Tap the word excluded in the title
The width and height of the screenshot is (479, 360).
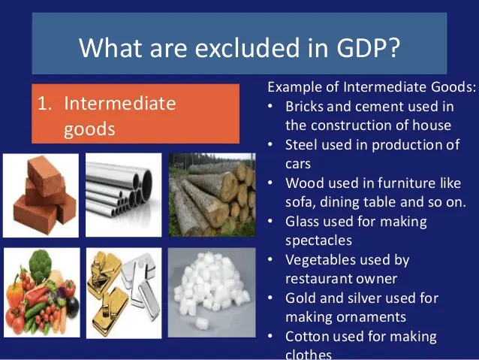click(x=248, y=47)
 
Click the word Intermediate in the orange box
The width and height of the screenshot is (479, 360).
click(x=120, y=104)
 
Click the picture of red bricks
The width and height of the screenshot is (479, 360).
click(x=41, y=195)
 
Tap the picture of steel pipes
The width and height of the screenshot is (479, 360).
click(x=123, y=195)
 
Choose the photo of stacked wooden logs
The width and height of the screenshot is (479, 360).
click(x=212, y=195)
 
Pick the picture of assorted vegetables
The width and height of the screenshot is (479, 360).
click(x=42, y=292)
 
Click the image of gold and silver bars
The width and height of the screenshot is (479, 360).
click(x=124, y=293)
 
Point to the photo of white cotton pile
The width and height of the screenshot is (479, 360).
click(x=212, y=292)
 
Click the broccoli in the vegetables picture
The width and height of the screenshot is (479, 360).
click(x=41, y=264)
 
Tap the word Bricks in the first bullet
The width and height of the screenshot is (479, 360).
click(x=304, y=107)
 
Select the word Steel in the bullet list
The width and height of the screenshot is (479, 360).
click(x=301, y=145)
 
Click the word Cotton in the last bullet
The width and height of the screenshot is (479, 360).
click(x=307, y=337)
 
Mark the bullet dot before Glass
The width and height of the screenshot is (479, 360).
click(x=270, y=221)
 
